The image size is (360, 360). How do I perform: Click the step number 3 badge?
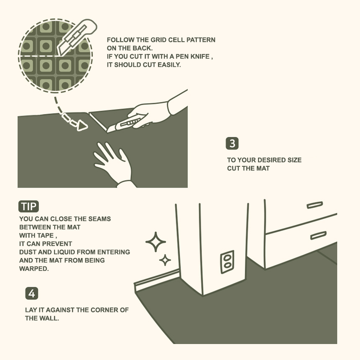point(232,144)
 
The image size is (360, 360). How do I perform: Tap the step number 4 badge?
point(32,293)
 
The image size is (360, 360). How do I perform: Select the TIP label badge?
point(28,206)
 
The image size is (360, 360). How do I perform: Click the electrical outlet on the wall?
point(227,262)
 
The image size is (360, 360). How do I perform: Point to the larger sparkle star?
point(156,242)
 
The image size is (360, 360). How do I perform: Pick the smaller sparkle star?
point(165,260)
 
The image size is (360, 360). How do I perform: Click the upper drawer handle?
point(315,205)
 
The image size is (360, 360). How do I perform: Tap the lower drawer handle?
point(318,236)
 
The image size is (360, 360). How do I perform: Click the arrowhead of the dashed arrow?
point(82,126)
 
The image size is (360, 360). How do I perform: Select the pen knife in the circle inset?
point(77,38)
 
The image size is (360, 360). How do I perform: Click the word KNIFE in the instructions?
point(200,56)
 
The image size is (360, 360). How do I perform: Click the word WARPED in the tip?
point(34,268)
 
